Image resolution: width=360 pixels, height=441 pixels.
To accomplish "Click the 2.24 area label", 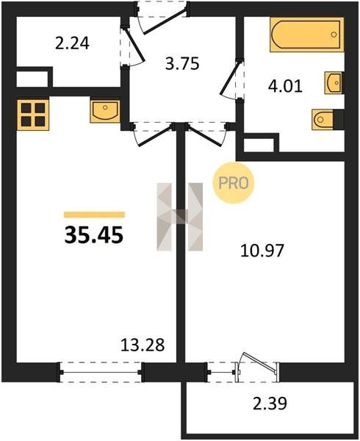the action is [x=72, y=44].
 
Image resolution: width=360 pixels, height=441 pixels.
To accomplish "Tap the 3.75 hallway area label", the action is [x=182, y=63].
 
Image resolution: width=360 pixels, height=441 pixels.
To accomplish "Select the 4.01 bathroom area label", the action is [x=285, y=86].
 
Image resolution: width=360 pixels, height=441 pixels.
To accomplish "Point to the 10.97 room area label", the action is [x=262, y=251].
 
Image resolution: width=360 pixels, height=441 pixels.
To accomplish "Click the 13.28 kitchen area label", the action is [x=143, y=345].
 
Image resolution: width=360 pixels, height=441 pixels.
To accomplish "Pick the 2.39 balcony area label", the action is [x=270, y=404].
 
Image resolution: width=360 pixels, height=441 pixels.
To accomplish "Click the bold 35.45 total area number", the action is [x=94, y=235].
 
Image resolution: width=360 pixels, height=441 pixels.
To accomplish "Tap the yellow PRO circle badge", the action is [x=233, y=183].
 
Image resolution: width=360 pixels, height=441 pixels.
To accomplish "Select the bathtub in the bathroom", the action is [x=307, y=35].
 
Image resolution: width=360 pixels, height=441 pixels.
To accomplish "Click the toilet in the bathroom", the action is [x=323, y=120].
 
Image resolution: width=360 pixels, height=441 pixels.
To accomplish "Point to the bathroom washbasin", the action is [x=333, y=82].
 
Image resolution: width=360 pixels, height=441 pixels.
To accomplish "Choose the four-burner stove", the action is [x=33, y=115].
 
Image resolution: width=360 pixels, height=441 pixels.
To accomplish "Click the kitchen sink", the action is [x=105, y=112].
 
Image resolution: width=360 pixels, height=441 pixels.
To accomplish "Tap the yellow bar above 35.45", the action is [x=95, y=215].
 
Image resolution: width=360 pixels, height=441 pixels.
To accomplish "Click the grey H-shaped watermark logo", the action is [x=180, y=217].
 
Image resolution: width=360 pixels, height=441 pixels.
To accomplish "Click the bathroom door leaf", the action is [x=231, y=78].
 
